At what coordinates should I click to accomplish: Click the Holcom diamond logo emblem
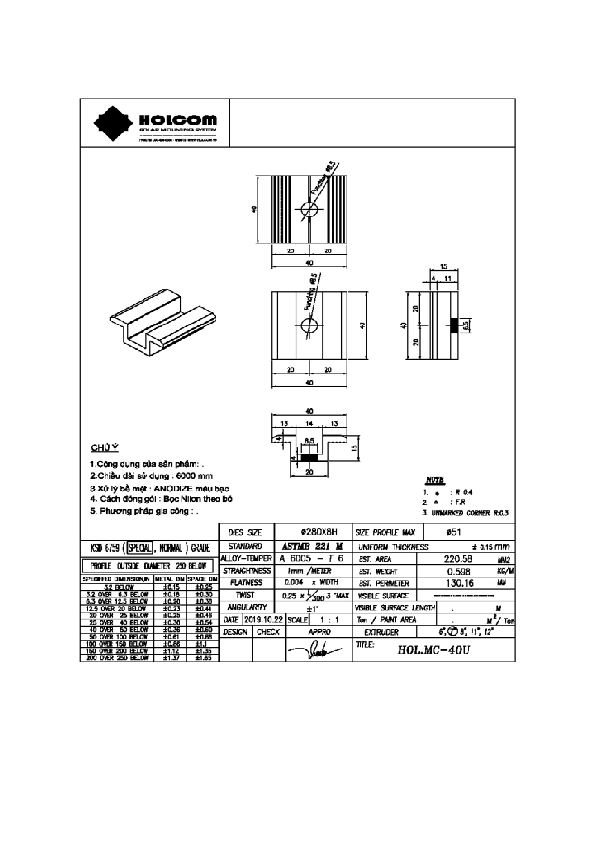click(114, 123)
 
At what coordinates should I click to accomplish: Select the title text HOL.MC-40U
click(433, 649)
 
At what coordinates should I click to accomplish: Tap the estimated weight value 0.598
click(458, 571)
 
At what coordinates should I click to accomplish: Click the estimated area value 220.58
click(458, 559)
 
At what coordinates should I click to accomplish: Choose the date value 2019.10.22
click(263, 620)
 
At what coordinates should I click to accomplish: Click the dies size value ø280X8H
click(319, 532)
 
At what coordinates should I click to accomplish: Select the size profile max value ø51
click(453, 532)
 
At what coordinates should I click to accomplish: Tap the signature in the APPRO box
click(316, 650)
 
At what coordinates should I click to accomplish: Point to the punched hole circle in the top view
click(310, 210)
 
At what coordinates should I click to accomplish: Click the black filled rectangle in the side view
click(455, 325)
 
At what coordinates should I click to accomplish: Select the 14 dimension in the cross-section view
click(309, 423)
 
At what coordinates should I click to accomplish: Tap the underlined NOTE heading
click(434, 480)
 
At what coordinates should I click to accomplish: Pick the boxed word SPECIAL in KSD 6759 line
click(140, 548)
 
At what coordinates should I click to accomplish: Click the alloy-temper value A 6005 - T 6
click(311, 559)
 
